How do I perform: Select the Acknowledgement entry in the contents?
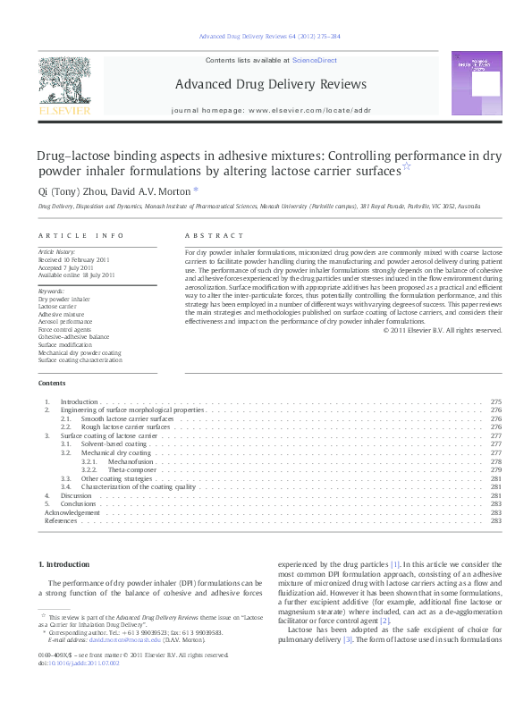pos(72,512)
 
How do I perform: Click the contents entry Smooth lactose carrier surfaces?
pos(126,418)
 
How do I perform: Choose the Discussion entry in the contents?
pos(76,495)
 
